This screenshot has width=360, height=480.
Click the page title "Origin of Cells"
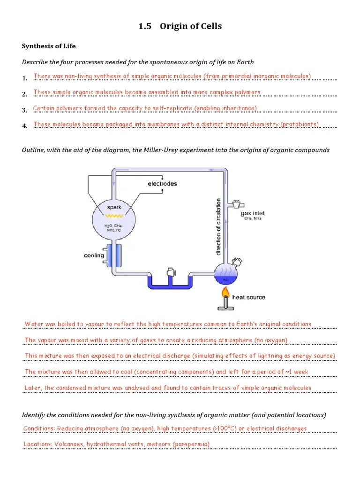click(191, 26)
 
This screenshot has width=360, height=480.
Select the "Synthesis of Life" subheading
click(49, 46)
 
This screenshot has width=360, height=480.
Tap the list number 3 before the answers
click(24, 110)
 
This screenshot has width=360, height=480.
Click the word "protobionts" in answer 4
click(300, 124)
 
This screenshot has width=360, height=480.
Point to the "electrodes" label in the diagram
click(162, 184)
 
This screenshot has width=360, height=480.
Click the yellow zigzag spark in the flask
click(112, 216)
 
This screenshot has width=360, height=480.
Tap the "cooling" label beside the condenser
click(94, 255)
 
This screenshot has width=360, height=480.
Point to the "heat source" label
click(248, 297)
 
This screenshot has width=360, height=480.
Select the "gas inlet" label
click(253, 213)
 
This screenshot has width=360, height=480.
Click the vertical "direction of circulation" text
click(218, 226)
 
